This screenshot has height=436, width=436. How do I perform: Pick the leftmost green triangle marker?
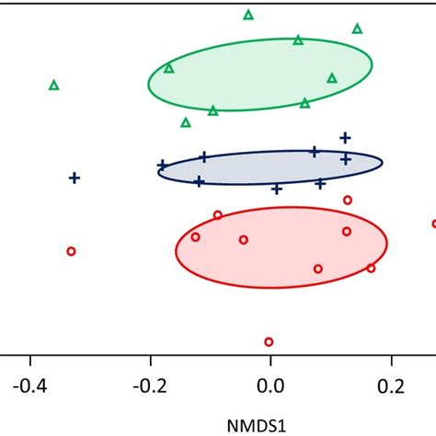[53, 86]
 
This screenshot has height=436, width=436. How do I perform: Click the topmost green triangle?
[248, 15]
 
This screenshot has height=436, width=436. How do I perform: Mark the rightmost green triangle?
[357, 29]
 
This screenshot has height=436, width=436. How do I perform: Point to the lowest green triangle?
[186, 122]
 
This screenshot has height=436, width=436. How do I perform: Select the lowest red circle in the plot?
[269, 341]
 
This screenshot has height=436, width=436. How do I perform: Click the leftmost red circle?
[71, 251]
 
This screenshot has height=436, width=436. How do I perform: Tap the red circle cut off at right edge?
[433, 224]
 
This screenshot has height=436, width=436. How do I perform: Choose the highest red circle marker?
[348, 200]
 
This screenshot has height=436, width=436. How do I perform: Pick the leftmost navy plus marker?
[75, 178]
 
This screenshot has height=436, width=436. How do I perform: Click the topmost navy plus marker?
[345, 138]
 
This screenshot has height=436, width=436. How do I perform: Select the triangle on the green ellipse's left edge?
[169, 68]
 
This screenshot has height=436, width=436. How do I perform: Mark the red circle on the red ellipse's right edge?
[371, 268]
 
